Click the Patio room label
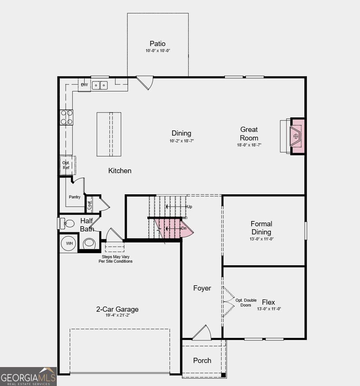(157, 44)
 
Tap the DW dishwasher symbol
(85, 85)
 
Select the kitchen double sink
(100, 85)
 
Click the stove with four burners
(66, 117)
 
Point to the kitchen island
(109, 134)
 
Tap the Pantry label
(75, 197)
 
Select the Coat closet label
(89, 205)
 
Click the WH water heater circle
(69, 243)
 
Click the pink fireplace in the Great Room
(297, 136)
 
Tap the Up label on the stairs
(190, 207)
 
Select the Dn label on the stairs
(183, 228)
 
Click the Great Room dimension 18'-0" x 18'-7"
(249, 145)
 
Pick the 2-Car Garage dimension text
(117, 315)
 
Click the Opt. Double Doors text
(246, 303)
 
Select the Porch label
(202, 360)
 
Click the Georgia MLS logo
(29, 376)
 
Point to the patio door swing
(145, 82)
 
